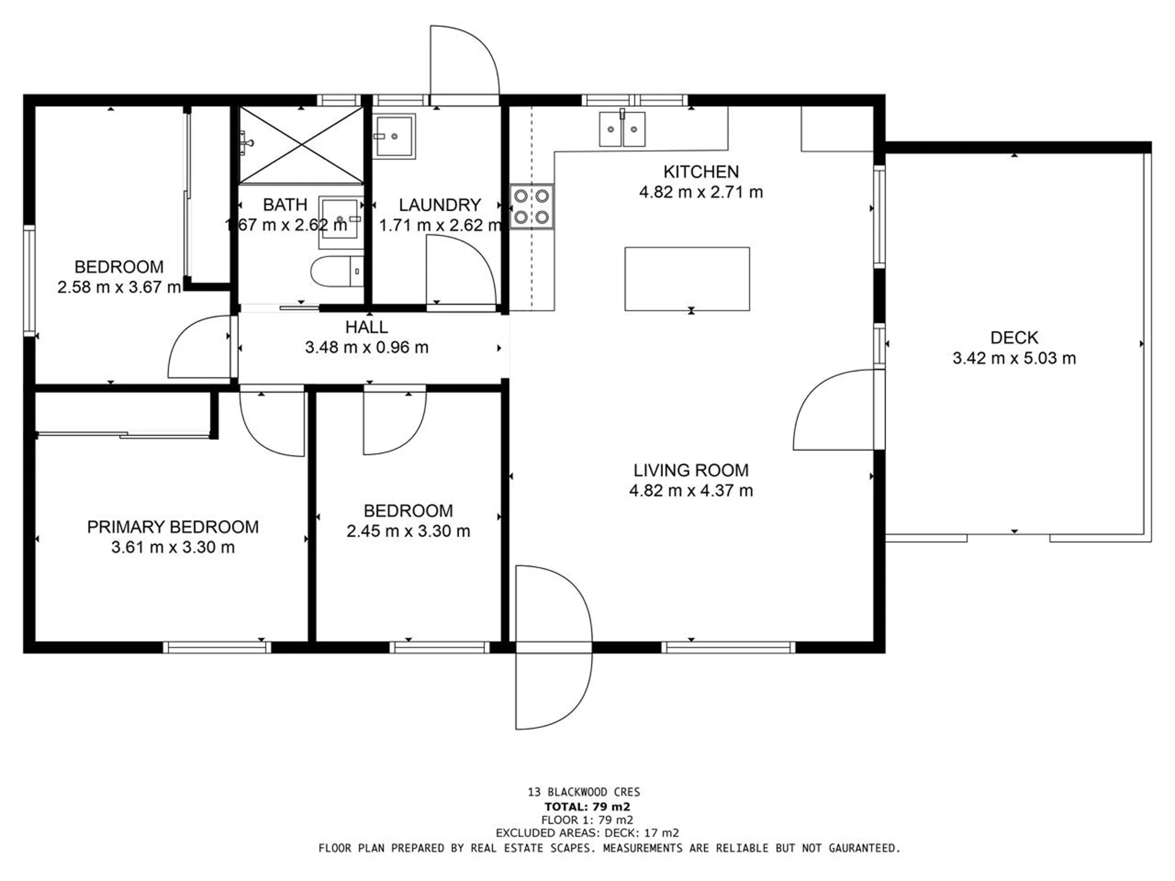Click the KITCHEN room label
tap(701, 171)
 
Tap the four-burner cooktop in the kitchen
tap(532, 207)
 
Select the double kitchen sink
tap(622, 129)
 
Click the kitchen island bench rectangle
tap(687, 279)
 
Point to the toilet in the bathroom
tap(337, 272)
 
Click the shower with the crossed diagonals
tap(301, 145)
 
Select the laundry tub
tap(394, 136)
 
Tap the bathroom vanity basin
tap(340, 221)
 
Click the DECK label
tap(1014, 338)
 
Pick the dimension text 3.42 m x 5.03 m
tap(1014, 358)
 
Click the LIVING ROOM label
tap(691, 470)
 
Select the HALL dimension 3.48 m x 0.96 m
tap(367, 348)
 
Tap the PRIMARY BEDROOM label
tap(173, 527)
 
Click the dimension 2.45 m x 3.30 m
tap(408, 531)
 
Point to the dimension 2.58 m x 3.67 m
tap(119, 287)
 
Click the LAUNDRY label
tap(439, 205)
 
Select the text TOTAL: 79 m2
tap(587, 807)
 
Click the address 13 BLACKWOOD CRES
tap(584, 792)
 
